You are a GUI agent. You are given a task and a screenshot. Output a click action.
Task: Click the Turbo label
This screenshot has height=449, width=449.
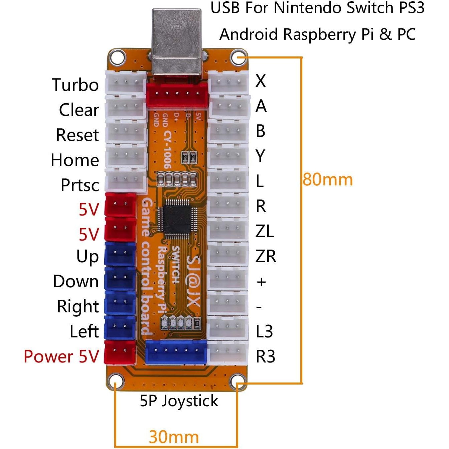coord(75,85)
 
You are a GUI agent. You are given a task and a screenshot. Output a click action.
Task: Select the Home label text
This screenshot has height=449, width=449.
coord(75,160)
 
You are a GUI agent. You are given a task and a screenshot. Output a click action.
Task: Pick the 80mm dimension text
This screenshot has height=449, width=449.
coord(327,180)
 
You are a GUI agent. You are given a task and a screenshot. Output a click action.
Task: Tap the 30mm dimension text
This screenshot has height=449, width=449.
coord(174,437)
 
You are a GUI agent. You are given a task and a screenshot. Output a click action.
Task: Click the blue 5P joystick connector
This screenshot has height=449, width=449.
coord(176,352)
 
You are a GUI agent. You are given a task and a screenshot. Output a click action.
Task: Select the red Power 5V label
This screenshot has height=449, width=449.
coord(61,356)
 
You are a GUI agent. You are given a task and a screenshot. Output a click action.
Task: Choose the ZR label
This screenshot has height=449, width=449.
coord(266,257)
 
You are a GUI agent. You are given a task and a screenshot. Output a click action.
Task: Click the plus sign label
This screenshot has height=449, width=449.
coord(261,282)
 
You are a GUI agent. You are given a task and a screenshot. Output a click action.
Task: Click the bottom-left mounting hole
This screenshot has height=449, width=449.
coord(115,382)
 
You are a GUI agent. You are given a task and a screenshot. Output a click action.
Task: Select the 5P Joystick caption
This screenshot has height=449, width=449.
coord(179,401)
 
